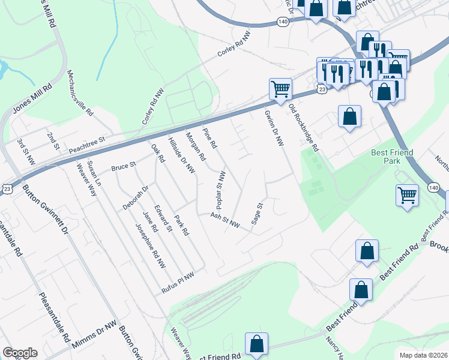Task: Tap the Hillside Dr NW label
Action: [x=182, y=157]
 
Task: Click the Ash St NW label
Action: [x=225, y=221]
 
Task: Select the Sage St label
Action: [x=257, y=214]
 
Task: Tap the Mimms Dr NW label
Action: [x=94, y=335]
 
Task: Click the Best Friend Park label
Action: [x=391, y=158]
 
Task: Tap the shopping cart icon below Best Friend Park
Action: [x=407, y=196]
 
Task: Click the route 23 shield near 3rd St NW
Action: [x=5, y=189]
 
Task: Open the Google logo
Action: [x=20, y=353]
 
